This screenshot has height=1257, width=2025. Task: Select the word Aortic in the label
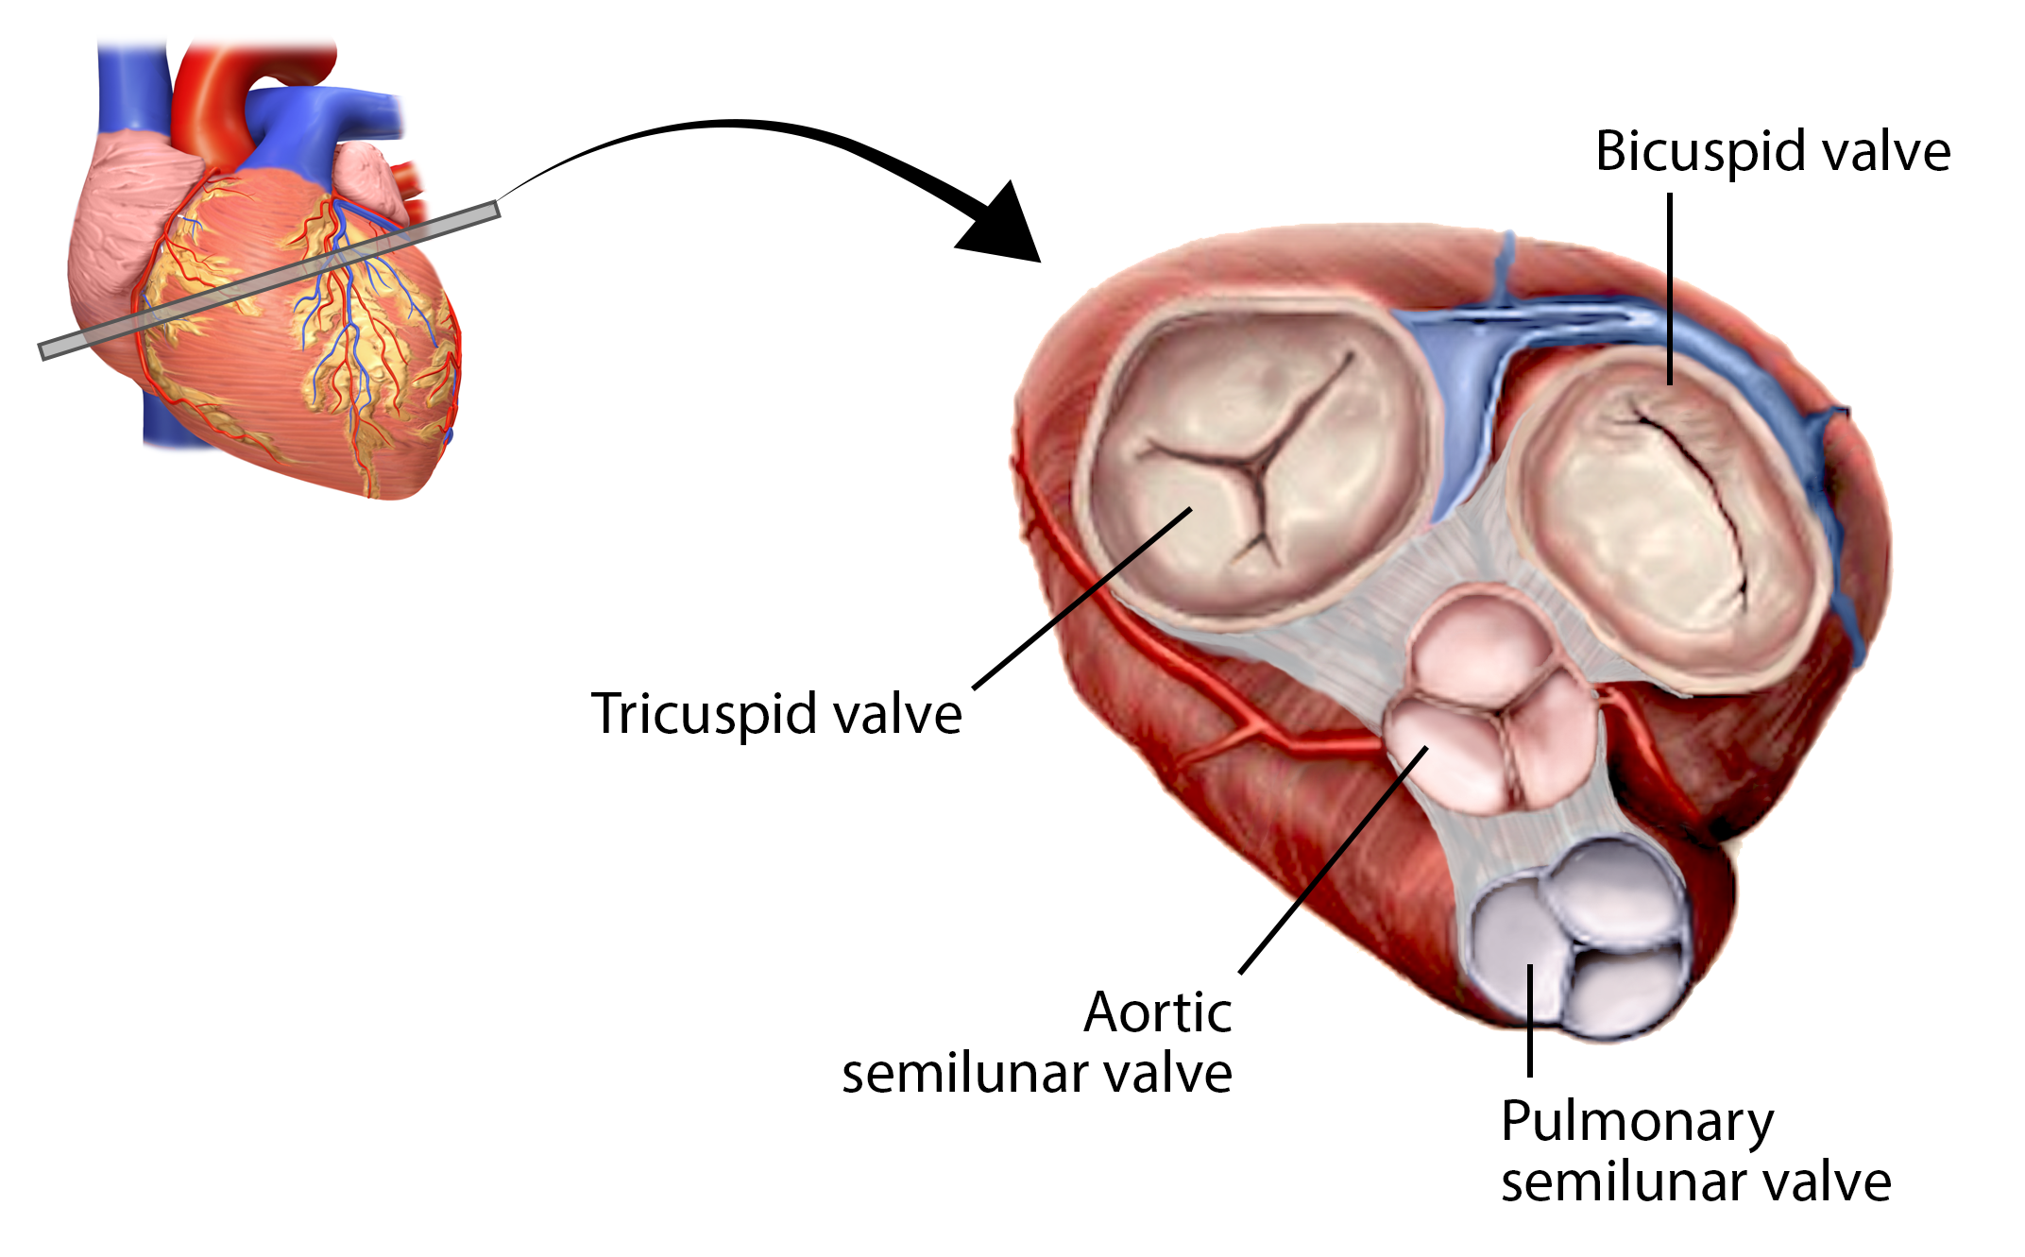[1158, 1013]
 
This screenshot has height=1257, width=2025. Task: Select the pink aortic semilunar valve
[1488, 704]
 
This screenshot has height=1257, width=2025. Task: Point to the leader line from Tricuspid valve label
[1081, 599]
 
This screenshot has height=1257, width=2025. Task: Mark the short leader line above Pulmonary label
[1530, 1020]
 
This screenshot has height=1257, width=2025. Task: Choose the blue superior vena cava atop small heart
[132, 85]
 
